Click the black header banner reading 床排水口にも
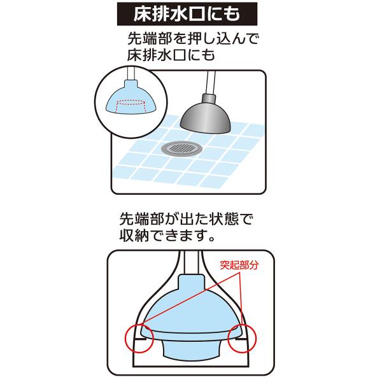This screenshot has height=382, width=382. click(x=187, y=14)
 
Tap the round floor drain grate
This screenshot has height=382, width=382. click(x=181, y=148)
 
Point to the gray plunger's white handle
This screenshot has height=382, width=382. click(x=211, y=83)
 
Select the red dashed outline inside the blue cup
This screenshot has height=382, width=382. click(x=131, y=106)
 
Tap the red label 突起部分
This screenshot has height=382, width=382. click(x=239, y=265)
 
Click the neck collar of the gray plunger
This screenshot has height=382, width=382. click(x=209, y=99)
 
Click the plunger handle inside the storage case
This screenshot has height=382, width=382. click(x=192, y=262)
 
